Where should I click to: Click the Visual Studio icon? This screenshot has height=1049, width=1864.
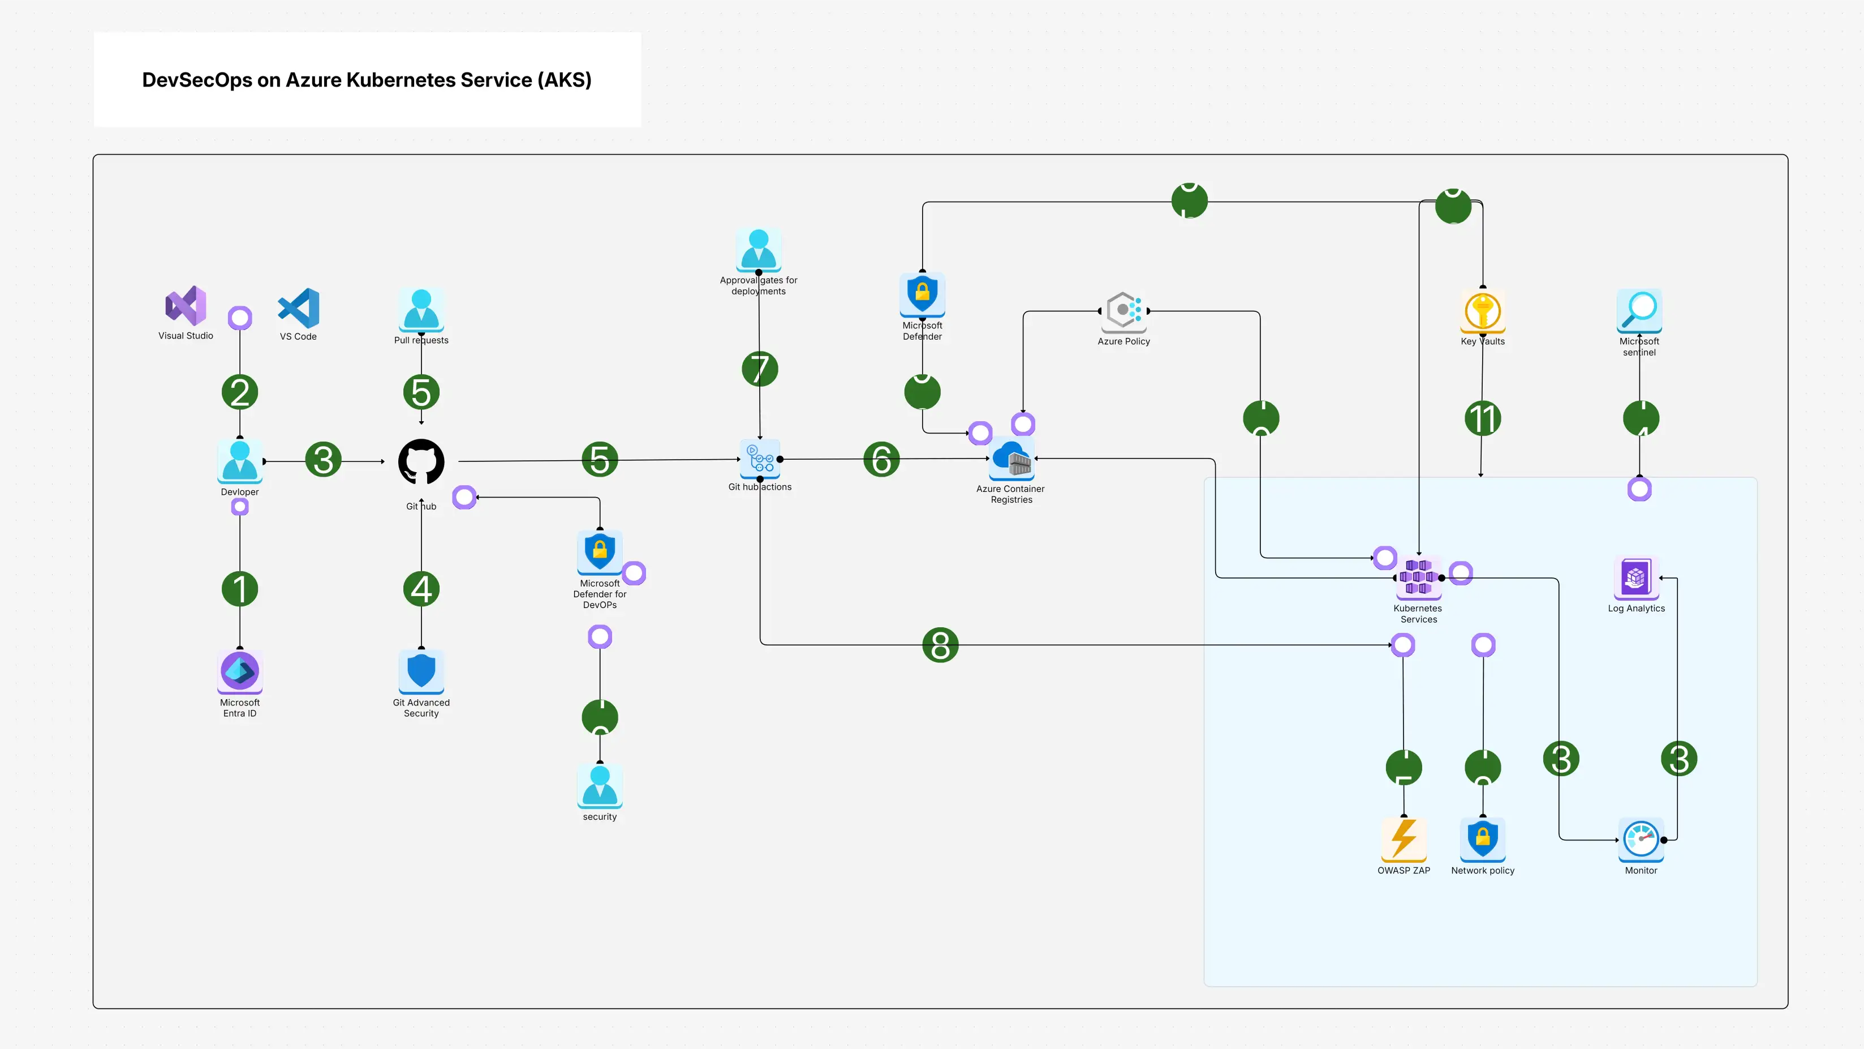(x=186, y=306)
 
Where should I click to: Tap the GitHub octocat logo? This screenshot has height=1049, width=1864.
(x=421, y=462)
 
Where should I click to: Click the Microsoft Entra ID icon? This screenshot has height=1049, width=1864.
(x=239, y=670)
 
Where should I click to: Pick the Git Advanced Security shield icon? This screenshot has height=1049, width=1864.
(x=421, y=670)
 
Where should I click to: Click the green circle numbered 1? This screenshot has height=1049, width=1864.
(x=239, y=589)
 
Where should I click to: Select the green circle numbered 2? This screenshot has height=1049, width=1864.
(x=239, y=392)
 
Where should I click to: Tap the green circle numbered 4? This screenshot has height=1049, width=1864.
(x=421, y=589)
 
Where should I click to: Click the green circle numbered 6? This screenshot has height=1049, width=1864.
(x=881, y=460)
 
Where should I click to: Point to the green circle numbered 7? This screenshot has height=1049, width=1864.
(x=760, y=369)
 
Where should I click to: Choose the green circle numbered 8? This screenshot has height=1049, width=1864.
(x=940, y=645)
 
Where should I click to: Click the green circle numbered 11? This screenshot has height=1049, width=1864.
(x=1483, y=418)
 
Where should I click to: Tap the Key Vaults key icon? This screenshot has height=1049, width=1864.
(x=1483, y=311)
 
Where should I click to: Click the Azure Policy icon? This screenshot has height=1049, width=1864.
(x=1123, y=311)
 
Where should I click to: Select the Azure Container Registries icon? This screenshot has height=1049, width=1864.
(x=1011, y=459)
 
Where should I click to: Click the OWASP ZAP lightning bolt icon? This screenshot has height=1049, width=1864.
(x=1404, y=838)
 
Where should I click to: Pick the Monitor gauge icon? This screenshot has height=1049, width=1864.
(x=1641, y=839)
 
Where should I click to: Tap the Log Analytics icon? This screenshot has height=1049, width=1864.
(x=1636, y=577)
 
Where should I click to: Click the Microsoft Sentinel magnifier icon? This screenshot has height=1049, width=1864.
(x=1639, y=310)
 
